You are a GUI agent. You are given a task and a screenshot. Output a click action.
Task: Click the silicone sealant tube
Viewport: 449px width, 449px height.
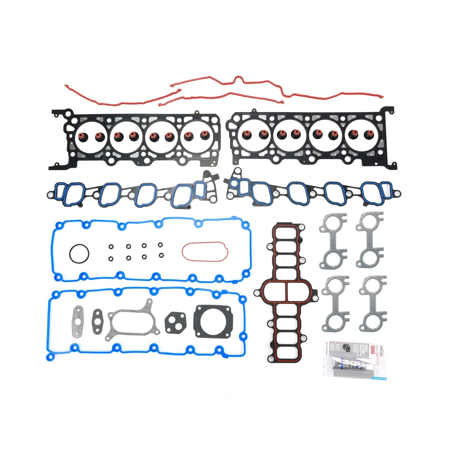352,364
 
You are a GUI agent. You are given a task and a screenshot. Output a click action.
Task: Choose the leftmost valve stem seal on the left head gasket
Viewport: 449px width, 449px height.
83,137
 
